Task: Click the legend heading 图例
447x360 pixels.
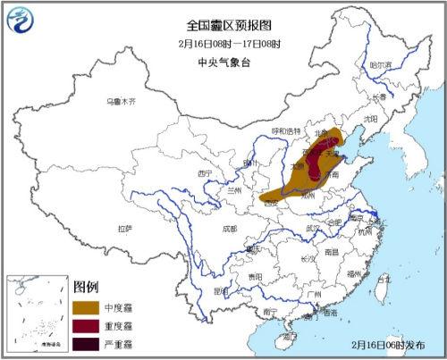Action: [85, 287]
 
